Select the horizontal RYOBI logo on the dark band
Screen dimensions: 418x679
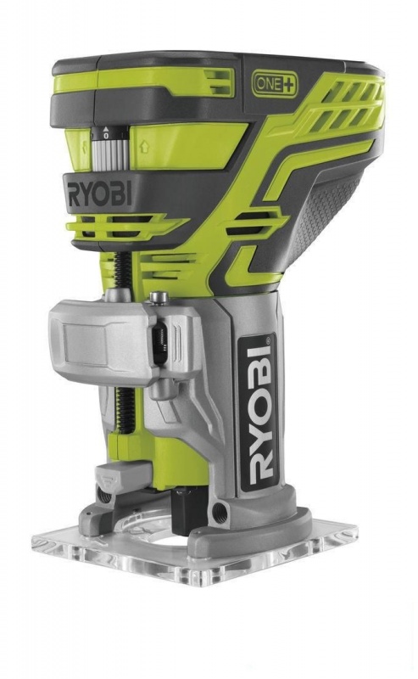[99, 194]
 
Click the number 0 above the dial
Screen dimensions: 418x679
[106, 136]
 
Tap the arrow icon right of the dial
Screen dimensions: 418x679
[144, 147]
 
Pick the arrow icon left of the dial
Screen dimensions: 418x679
[84, 147]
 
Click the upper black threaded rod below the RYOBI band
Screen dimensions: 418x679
[121, 270]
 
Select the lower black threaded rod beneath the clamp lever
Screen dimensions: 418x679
[124, 410]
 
